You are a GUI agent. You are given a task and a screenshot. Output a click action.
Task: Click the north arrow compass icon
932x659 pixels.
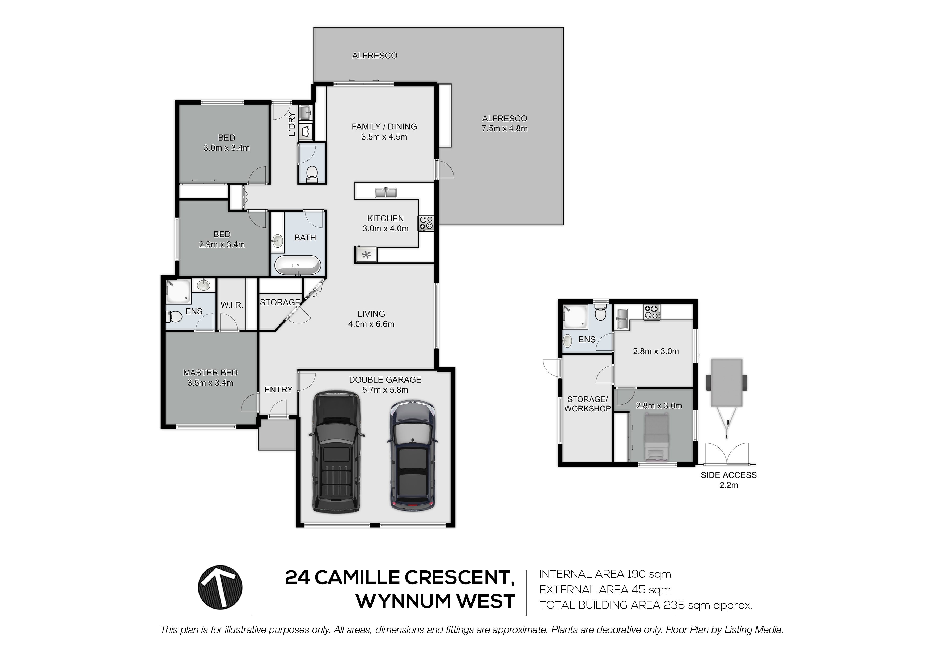pos(220,587)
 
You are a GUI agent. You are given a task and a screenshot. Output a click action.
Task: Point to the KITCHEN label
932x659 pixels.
pos(385,218)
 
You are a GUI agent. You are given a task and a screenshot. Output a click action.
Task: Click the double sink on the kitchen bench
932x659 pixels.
pos(385,192)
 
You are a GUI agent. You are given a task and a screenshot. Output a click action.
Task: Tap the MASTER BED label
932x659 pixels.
pos(210,372)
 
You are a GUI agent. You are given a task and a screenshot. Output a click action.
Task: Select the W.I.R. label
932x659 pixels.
pos(232,305)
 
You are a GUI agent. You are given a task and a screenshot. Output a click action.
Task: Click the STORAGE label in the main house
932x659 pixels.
pos(280,302)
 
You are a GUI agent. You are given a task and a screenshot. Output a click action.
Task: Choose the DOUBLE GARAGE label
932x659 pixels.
pos(385,380)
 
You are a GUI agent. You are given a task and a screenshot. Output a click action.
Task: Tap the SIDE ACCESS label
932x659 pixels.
pos(729,475)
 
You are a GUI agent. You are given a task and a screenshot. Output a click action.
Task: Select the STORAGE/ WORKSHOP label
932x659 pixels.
pos(587,404)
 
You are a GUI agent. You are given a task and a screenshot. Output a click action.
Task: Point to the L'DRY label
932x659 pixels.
pos(291,125)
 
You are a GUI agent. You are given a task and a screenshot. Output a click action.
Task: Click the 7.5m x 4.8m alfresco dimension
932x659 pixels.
pos(505,128)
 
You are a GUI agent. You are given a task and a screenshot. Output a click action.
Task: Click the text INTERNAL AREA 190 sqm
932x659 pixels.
pos(605,574)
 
